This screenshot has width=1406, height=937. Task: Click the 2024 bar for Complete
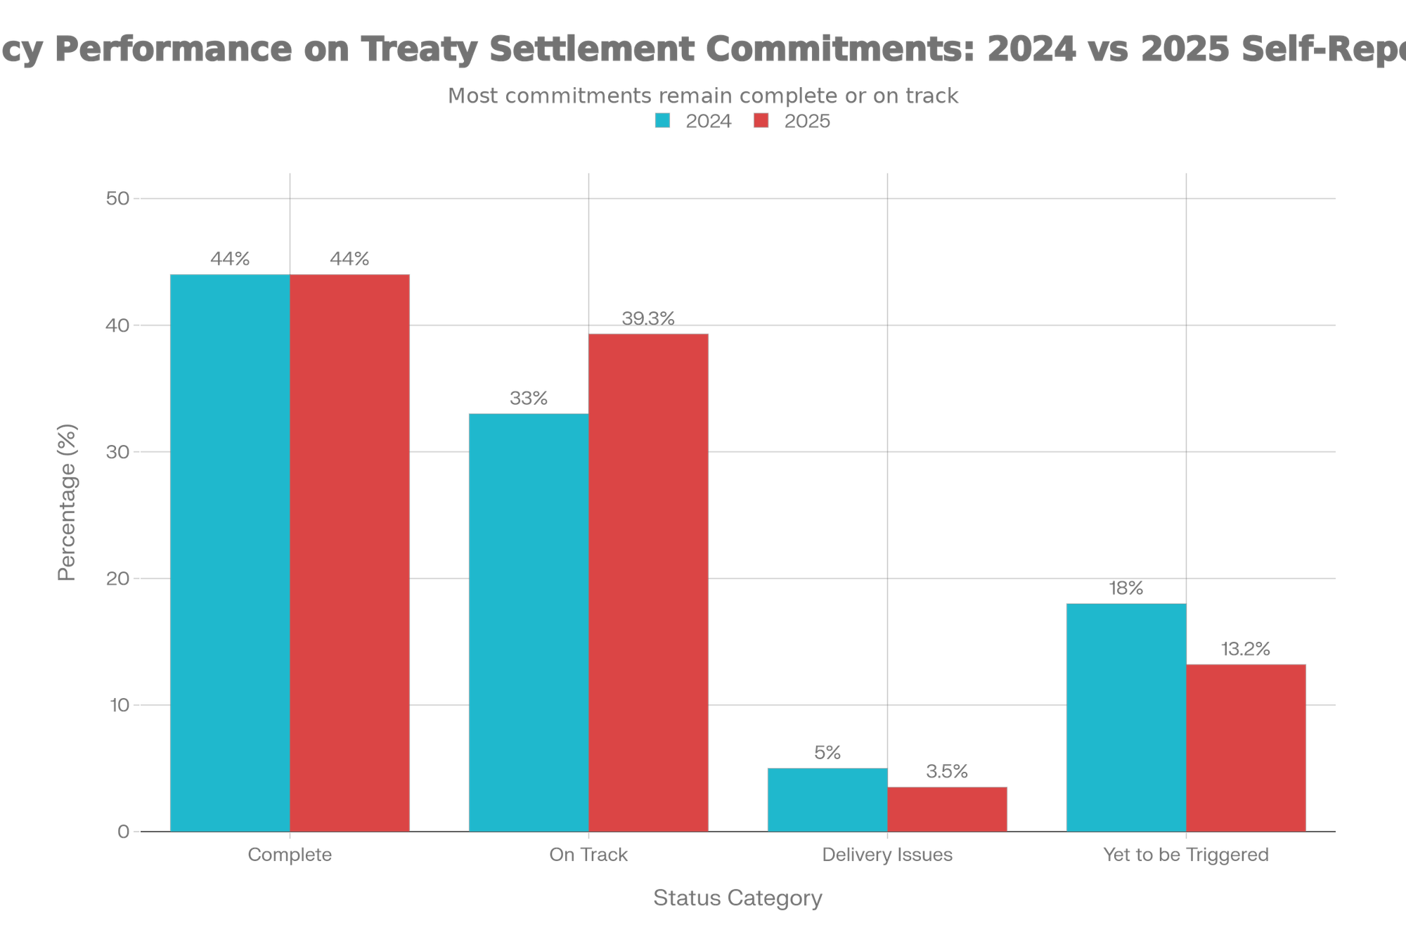pos(230,552)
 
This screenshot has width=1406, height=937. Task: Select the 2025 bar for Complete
pos(350,552)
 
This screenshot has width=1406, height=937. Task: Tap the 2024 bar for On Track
pos(529,622)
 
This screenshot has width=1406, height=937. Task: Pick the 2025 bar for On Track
pos(649,583)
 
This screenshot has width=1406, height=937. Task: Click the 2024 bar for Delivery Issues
pos(827,799)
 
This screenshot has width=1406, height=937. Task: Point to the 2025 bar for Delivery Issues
pos(948,809)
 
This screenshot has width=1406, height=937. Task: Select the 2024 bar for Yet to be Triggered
pos(1126,717)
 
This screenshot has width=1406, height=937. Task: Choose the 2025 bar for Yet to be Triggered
pos(1246,747)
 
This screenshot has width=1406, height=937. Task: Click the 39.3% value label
pos(649,319)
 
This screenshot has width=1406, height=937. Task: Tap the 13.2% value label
pos(1246,650)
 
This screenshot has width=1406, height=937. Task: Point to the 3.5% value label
pos(947,772)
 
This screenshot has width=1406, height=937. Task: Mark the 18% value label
pos(1126,588)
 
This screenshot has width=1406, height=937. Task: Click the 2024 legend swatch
pos(662,122)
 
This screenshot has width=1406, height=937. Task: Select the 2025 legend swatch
pos(761,122)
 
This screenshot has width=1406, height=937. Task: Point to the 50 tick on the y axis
pos(117,198)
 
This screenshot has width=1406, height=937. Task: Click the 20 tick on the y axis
pos(117,579)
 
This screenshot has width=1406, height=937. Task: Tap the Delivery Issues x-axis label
pos(887,855)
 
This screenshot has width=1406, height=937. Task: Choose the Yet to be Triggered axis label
pos(1186,855)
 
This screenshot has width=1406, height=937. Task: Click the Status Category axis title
pos(737,898)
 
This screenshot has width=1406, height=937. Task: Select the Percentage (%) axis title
pos(67,502)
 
